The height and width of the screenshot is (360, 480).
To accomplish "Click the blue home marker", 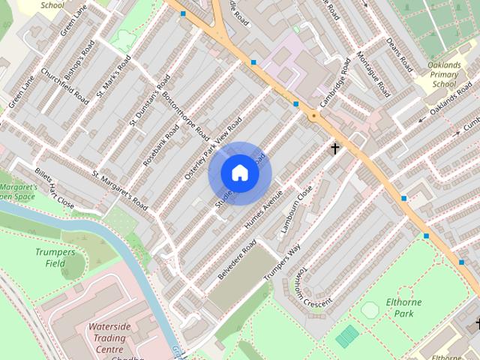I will (240, 172).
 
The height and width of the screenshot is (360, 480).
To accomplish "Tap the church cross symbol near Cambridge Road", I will (335, 148).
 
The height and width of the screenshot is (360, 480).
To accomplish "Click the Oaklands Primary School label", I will (449, 75).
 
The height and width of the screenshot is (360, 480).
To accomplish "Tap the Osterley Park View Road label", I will (213, 148).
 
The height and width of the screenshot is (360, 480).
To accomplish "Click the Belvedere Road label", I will (237, 259).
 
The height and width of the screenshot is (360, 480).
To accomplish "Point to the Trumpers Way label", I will (282, 262).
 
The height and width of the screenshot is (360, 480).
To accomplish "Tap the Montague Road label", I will (372, 75).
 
